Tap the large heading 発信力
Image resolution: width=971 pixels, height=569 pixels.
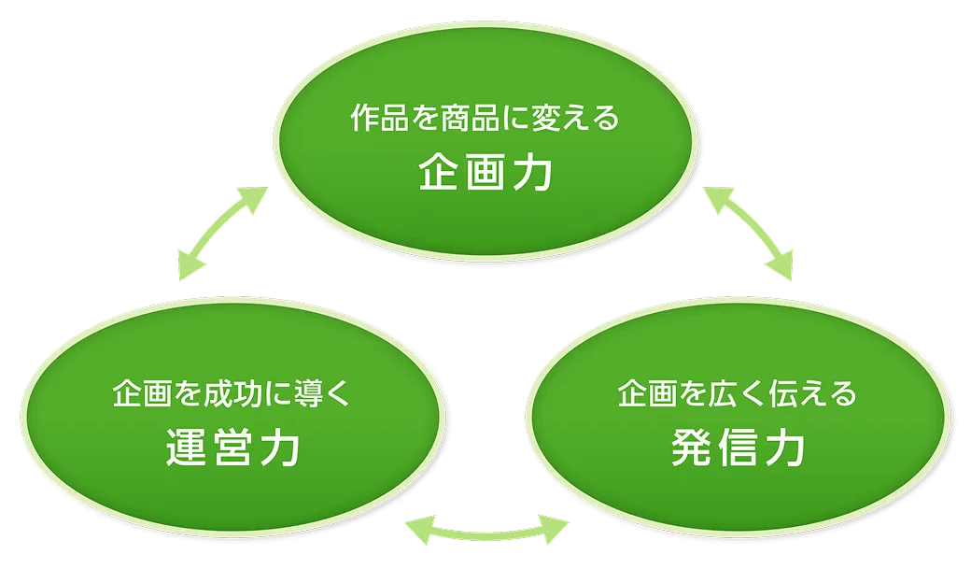coord(738,449)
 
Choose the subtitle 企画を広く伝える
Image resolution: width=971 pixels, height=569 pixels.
coord(737,394)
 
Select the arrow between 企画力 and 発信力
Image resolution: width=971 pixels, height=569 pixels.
coord(749,232)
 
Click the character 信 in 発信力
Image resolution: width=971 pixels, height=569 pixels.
coord(738,449)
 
